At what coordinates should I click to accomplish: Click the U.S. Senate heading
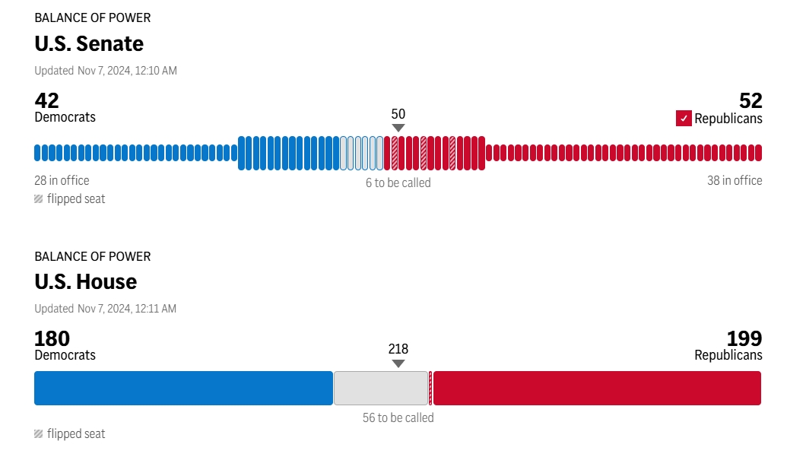coord(89,44)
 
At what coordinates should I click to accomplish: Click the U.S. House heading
coord(86,282)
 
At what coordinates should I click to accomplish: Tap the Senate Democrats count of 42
coord(47,100)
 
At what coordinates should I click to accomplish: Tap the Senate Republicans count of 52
coord(750,100)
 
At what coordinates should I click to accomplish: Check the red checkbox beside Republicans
coord(684,119)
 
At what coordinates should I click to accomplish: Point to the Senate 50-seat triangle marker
coord(398,129)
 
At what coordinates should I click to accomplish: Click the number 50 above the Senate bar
coord(398,114)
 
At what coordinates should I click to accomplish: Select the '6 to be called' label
coord(398,182)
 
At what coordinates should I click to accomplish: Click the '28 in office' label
coord(62,180)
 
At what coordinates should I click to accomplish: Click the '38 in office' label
coord(735,180)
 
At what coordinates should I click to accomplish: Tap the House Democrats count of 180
coord(52,338)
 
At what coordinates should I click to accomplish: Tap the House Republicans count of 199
coord(744,338)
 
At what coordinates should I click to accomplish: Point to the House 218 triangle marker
coord(398,363)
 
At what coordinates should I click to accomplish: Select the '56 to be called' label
coord(398,417)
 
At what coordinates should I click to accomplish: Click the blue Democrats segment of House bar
coord(183,388)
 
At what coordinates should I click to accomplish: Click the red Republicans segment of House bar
coord(597,388)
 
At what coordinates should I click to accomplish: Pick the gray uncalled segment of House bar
coord(381,388)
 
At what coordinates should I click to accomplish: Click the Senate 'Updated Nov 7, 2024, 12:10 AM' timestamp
coord(106,71)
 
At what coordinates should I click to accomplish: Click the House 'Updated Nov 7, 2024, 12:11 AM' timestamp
coord(106,309)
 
